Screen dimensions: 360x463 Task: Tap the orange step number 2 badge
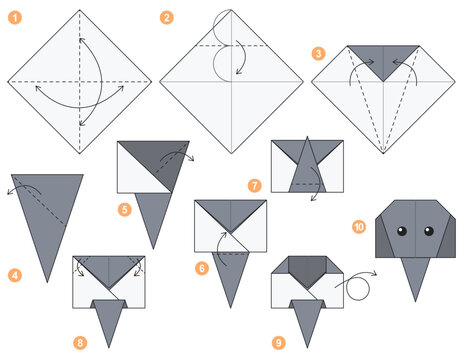(x=167, y=17)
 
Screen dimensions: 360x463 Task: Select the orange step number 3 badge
(x=318, y=53)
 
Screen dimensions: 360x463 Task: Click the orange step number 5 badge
(x=125, y=210)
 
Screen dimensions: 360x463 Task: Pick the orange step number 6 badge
(x=201, y=268)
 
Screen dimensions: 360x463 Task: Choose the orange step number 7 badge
(x=254, y=185)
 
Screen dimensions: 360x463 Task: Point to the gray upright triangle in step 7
(x=305, y=165)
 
